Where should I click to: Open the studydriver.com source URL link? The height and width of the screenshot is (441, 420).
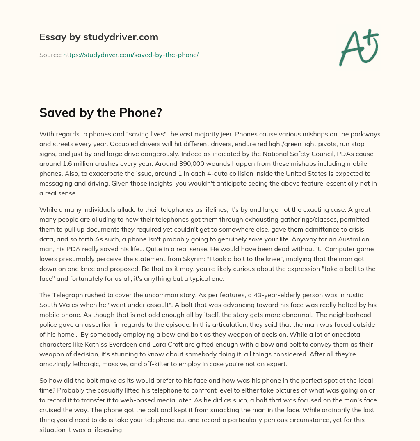[x=131, y=55]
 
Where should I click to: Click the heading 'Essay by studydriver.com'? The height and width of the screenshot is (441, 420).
[x=99, y=37]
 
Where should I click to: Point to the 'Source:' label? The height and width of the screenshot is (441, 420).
[x=50, y=55]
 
